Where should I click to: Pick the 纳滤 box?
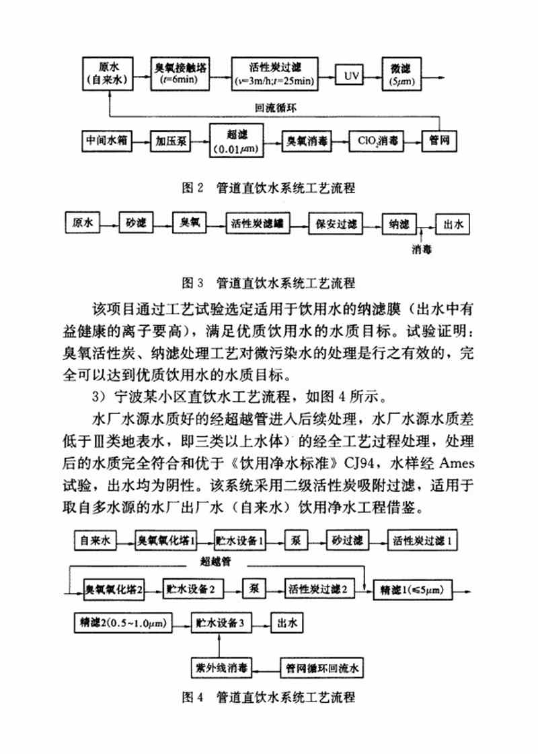[x=399, y=224]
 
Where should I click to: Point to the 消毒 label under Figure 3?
[x=422, y=248]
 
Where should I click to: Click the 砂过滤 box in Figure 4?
[x=346, y=540]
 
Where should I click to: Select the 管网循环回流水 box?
[x=324, y=669]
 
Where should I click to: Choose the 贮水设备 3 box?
[x=221, y=623]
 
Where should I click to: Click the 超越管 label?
[x=217, y=560]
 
